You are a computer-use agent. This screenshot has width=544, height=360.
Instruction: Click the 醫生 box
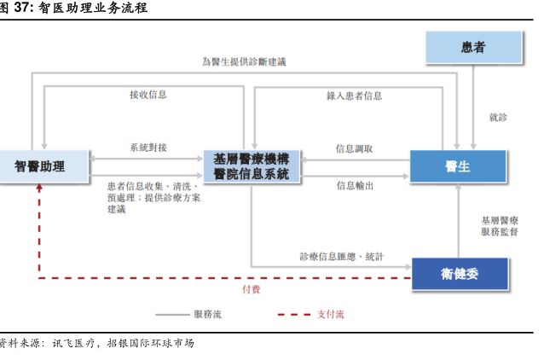click(x=458, y=165)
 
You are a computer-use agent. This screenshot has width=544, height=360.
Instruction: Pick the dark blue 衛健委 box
click(x=460, y=273)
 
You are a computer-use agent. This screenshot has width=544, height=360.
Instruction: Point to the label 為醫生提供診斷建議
click(x=244, y=62)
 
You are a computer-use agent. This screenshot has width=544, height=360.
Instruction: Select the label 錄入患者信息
click(x=354, y=96)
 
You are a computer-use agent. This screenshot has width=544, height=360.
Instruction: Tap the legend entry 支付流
click(x=330, y=315)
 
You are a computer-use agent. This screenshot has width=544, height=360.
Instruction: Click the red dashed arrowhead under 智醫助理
click(x=38, y=189)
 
